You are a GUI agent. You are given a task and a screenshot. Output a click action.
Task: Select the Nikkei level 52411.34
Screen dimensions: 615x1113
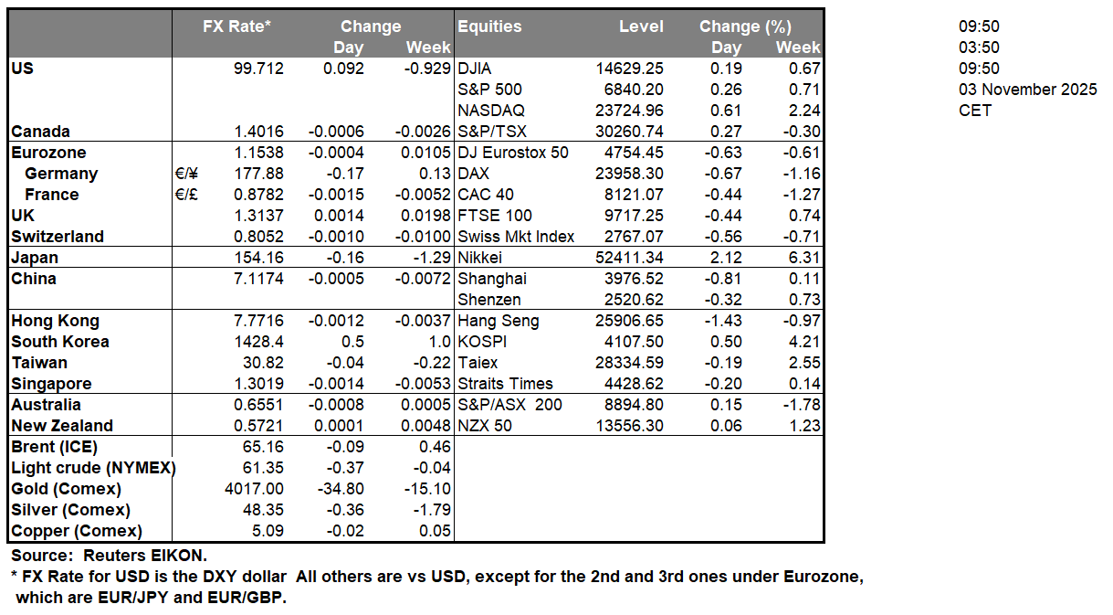627,258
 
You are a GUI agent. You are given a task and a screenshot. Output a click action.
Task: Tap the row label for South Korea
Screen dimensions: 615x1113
60,342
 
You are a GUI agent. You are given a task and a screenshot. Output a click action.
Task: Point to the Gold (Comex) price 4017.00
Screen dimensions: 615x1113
255,489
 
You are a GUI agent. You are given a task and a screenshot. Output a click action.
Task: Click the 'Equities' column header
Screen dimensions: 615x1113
489,27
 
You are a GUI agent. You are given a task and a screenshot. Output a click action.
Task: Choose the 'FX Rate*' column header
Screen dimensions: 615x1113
236,27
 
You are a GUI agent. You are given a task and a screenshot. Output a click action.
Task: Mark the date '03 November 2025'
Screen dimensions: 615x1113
1027,90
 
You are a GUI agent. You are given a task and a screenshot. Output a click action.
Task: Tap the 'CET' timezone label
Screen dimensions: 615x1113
974,111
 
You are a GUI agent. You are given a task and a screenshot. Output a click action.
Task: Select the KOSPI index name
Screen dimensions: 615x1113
483,342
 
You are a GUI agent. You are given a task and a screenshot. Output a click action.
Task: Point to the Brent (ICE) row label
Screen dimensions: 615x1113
54,447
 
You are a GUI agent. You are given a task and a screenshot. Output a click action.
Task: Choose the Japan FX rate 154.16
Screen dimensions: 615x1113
260,258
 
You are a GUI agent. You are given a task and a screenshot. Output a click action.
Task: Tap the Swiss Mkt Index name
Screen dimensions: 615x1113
516,237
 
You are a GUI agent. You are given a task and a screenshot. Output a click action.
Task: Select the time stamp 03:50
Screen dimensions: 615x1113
978,48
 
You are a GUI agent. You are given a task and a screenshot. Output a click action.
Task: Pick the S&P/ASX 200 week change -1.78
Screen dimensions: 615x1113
802,405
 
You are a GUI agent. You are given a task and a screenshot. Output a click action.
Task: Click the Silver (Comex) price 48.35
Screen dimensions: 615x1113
261,510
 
